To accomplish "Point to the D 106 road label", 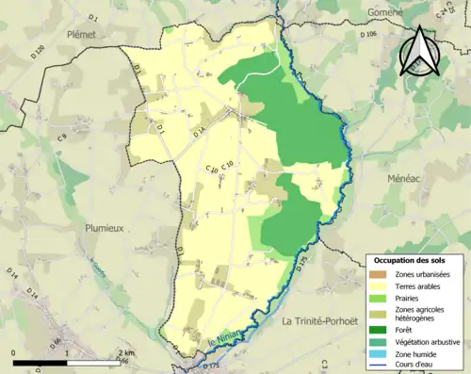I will [x=369, y=34].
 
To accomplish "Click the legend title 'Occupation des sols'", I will [x=410, y=259].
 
